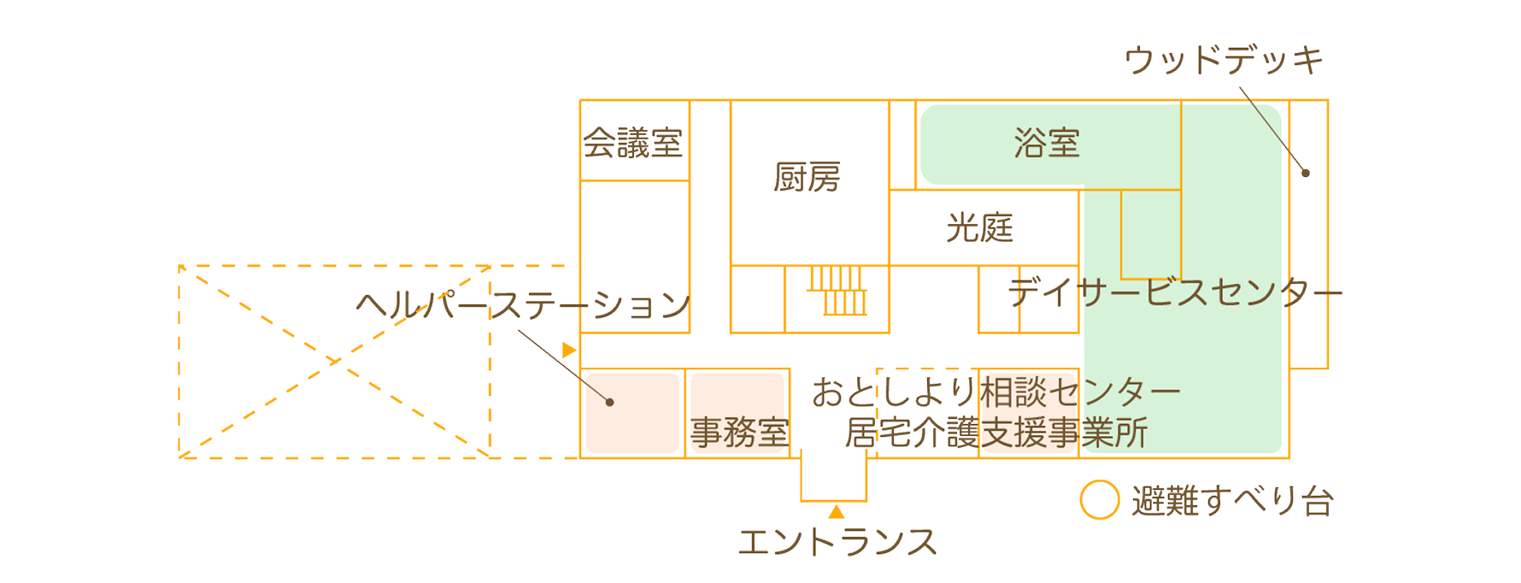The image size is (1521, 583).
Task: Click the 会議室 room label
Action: [x=633, y=143]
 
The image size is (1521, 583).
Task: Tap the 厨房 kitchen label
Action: [x=807, y=178]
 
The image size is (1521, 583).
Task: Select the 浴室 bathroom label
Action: [x=1047, y=143]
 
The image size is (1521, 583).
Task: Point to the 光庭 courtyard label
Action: [x=979, y=228]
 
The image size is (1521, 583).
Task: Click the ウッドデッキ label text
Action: [x=1224, y=60]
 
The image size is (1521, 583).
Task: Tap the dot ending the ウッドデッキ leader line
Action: [x=1306, y=173]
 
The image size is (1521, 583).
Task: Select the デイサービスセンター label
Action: [x=1175, y=292]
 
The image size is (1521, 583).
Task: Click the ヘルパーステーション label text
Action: [x=523, y=304]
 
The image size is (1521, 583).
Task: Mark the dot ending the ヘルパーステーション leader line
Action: [x=609, y=402]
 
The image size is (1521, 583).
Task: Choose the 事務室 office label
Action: [x=739, y=433]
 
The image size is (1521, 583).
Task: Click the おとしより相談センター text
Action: [x=995, y=392]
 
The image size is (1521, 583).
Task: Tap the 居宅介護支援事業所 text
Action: [x=995, y=433]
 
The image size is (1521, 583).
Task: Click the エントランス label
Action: [x=837, y=542]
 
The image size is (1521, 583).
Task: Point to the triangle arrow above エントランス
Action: [x=837, y=511]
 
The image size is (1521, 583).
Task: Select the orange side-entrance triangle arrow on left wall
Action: [x=569, y=350]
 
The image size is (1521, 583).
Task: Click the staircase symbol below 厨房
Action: [x=838, y=291]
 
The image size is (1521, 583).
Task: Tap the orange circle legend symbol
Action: [x=1099, y=500]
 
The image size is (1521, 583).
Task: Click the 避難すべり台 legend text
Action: [x=1232, y=502]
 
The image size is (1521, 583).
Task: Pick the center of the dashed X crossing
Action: [x=334, y=362]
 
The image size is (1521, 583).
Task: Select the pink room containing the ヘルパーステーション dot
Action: [x=632, y=413]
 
